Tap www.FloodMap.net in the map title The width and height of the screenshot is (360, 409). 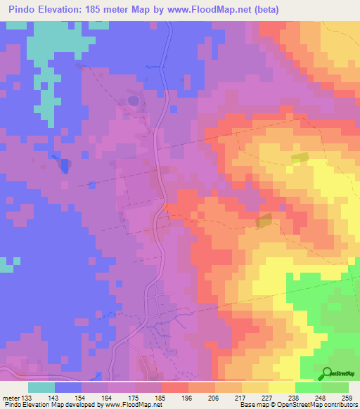click(205, 10)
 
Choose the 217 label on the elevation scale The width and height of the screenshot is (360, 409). click(228, 397)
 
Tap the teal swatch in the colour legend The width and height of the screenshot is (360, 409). click(41, 387)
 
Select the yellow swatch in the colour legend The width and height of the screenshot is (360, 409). click(281, 387)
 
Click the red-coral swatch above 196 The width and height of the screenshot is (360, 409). click(174, 387)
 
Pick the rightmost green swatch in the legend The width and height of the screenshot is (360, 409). click(335, 387)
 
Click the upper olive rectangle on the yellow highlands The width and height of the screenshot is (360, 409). click(300, 159)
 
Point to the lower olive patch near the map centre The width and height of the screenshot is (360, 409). click(265, 221)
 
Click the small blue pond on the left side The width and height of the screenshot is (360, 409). click(65, 167)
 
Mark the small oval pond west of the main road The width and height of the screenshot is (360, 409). click(133, 100)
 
